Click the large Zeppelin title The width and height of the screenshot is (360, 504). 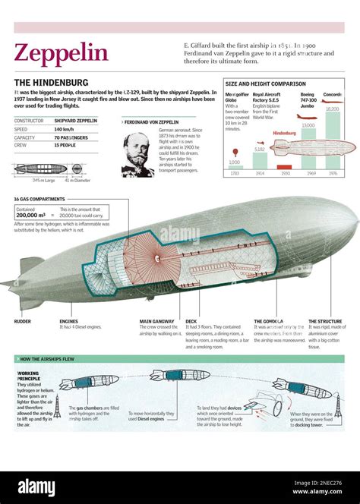pyautogui.click(x=62, y=54)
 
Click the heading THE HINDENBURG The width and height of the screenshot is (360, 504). pyautogui.click(x=51, y=82)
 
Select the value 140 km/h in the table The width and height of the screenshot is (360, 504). pyautogui.click(x=64, y=129)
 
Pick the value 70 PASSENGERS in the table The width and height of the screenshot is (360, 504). pyautogui.click(x=71, y=137)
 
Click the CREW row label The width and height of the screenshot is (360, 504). pyautogui.click(x=21, y=145)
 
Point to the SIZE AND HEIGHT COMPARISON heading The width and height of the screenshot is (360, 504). pyautogui.click(x=266, y=83)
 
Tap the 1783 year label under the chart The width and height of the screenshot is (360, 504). pyautogui.click(x=235, y=174)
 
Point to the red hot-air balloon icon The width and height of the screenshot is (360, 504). pyautogui.click(x=235, y=153)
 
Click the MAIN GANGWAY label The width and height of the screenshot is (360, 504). pyautogui.click(x=156, y=322)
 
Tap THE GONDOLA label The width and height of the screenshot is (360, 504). pyautogui.click(x=269, y=322)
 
